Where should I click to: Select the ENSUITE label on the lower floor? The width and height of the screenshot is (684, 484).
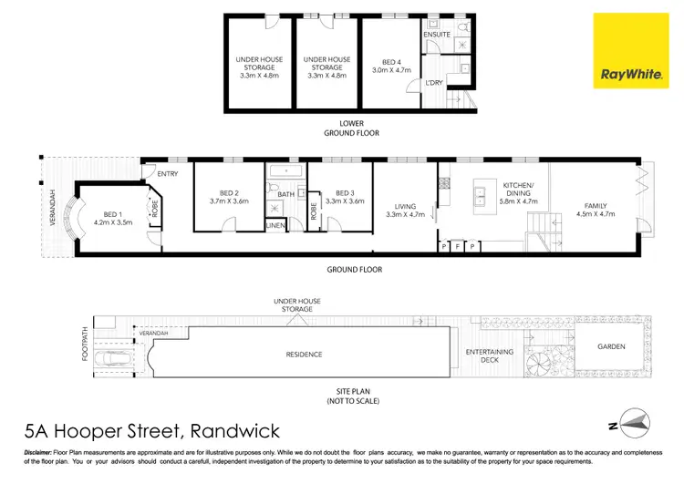438,35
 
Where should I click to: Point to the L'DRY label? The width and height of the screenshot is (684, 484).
435,85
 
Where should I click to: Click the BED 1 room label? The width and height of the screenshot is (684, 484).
113,212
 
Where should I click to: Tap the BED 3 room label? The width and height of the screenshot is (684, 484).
344,193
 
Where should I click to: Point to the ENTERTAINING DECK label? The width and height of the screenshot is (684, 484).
490,355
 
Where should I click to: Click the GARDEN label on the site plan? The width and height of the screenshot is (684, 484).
612,347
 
